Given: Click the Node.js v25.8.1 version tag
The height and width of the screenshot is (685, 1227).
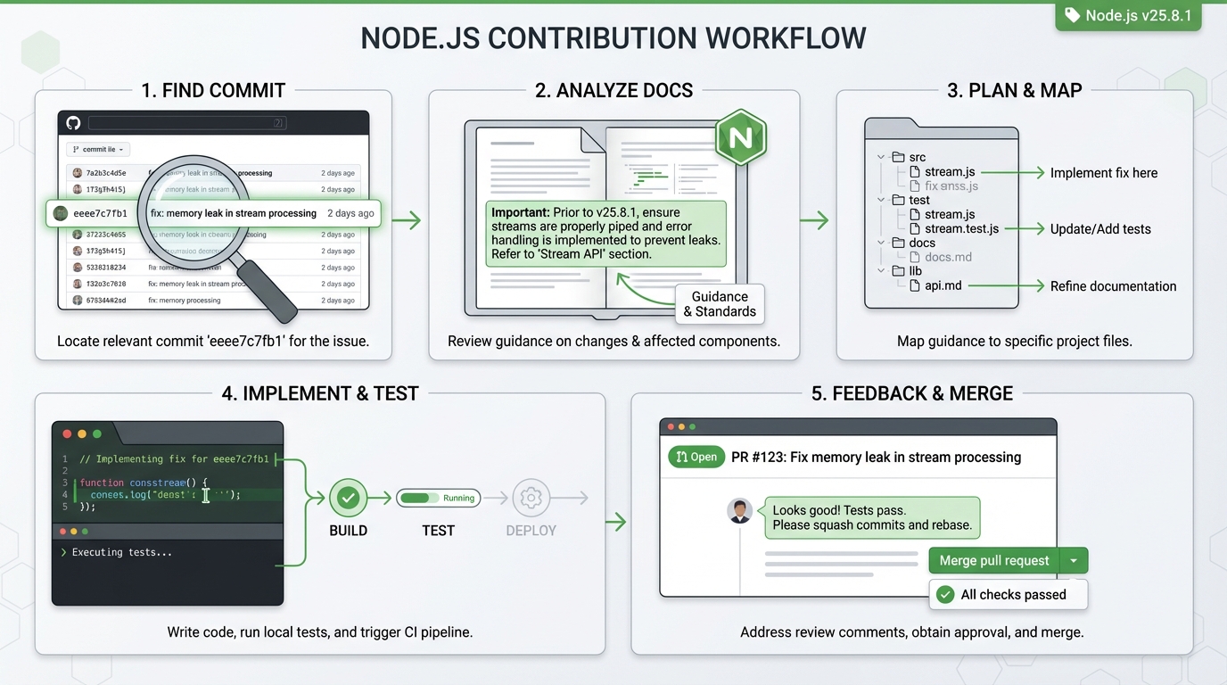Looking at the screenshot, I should tap(1128, 16).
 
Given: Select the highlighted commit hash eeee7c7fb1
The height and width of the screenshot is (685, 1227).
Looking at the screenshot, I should tap(100, 214).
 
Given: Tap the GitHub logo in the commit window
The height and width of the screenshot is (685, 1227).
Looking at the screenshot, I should tap(73, 123).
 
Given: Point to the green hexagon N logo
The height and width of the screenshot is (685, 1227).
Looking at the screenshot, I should tap(740, 137).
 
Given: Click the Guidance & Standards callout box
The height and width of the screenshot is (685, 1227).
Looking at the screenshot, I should tap(720, 304).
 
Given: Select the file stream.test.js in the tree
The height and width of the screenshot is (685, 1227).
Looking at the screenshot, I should tap(961, 229).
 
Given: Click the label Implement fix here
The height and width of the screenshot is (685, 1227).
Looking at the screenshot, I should tap(1104, 173).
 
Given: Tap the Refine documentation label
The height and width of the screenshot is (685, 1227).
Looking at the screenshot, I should tap(1113, 286).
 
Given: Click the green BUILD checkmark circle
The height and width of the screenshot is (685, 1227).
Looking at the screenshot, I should tap(348, 498).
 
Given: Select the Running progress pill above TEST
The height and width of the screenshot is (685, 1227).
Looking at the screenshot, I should tap(438, 498).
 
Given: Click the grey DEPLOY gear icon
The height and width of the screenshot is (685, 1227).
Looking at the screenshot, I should tap(531, 498).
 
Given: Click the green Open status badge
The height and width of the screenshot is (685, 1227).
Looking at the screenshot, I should tap(696, 457).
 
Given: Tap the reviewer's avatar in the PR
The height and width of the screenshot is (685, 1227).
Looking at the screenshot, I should tap(739, 511).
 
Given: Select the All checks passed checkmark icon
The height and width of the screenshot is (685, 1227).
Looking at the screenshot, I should tap(946, 595).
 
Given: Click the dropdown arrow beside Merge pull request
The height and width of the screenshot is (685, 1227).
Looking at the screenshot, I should tap(1074, 561).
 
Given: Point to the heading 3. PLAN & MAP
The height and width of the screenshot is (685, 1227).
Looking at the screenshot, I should tap(1014, 90).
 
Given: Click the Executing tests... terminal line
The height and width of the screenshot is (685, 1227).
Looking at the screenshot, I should tap(122, 552).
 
